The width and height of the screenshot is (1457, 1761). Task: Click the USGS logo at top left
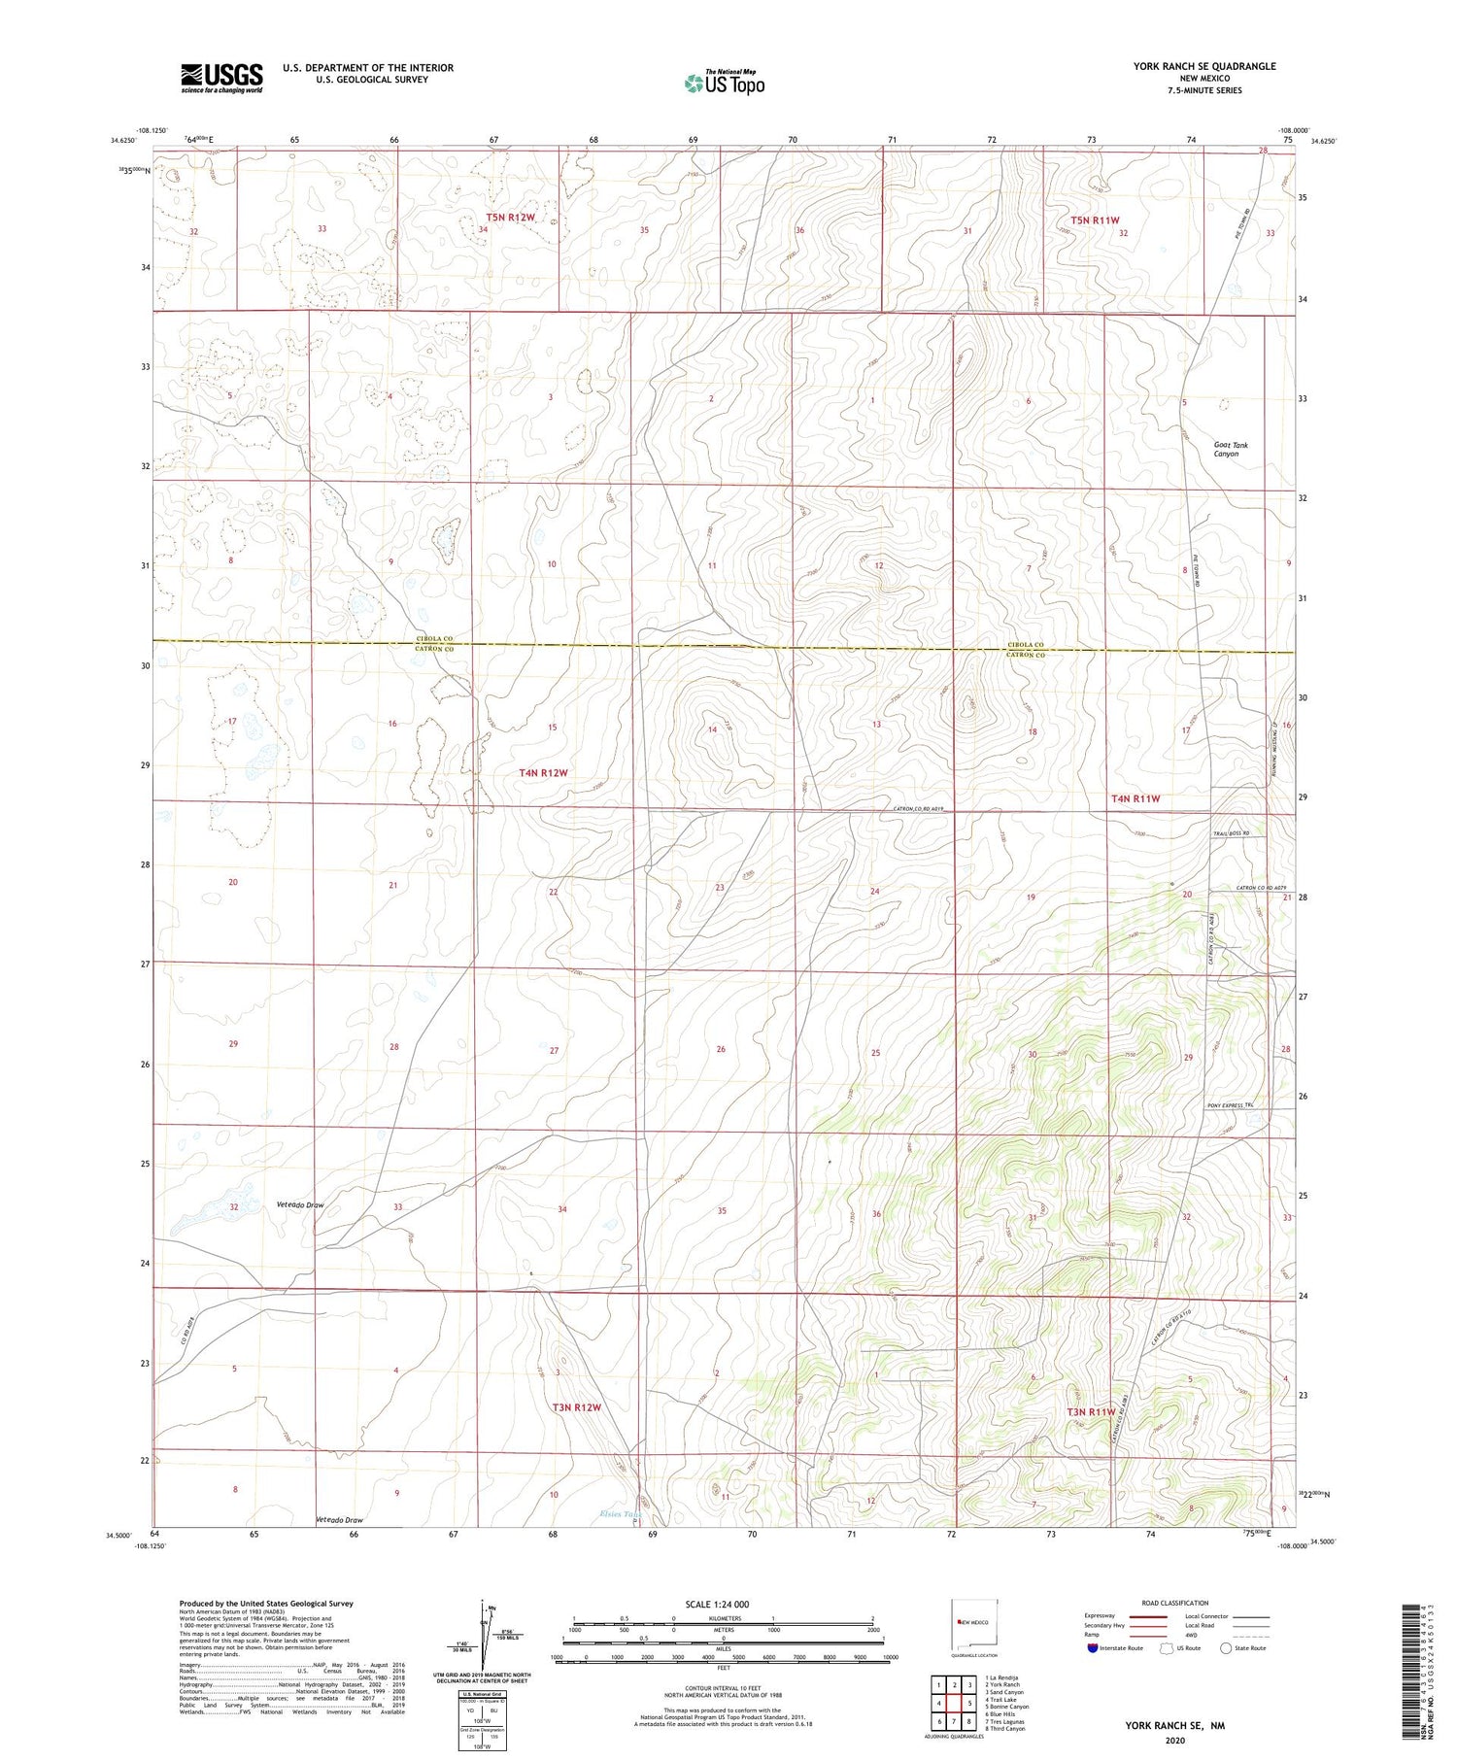[x=220, y=78]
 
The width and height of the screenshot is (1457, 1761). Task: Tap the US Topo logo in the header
[x=724, y=83]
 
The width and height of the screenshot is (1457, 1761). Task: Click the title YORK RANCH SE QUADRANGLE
[x=1203, y=66]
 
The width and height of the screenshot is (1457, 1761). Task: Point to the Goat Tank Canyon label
[x=1230, y=449]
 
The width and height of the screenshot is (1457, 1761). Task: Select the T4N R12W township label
[x=543, y=773]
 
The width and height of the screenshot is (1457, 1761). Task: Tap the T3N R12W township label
[x=577, y=1406]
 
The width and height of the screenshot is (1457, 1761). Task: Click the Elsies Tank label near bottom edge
[x=621, y=1514]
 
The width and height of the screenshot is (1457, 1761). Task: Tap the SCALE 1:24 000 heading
[x=724, y=1604]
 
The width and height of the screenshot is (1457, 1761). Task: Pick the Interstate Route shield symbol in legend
[x=1093, y=1648]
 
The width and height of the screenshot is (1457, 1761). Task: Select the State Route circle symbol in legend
[x=1226, y=1648]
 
